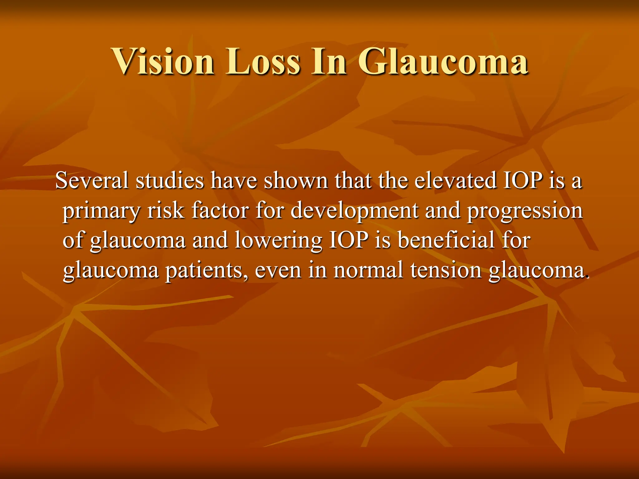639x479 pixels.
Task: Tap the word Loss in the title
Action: pos(264,61)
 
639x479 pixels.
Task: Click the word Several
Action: pos(92,181)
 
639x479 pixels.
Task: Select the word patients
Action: pos(204,270)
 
